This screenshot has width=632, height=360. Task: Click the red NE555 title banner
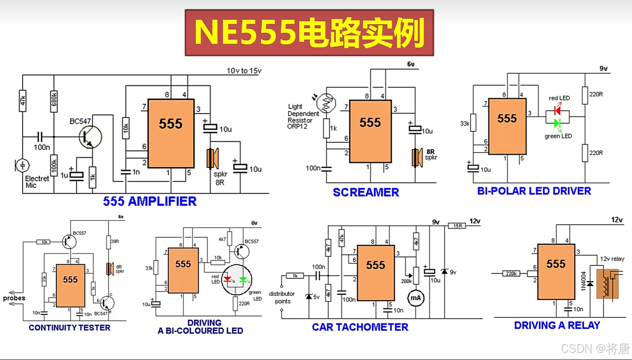tap(309, 33)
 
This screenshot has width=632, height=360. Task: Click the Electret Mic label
tap(37, 182)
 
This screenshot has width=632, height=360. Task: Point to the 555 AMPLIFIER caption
tap(150, 201)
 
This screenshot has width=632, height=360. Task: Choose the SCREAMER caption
tap(365, 192)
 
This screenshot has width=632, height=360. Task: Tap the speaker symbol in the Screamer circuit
tap(418, 157)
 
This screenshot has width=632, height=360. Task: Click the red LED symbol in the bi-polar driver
tap(558, 109)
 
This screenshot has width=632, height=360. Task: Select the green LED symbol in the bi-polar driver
tap(558, 123)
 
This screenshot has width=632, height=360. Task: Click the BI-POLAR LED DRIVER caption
tap(534, 191)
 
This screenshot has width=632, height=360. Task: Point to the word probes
tap(14, 298)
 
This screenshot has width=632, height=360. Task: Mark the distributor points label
tap(282, 297)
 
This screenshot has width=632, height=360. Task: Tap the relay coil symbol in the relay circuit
tap(606, 284)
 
